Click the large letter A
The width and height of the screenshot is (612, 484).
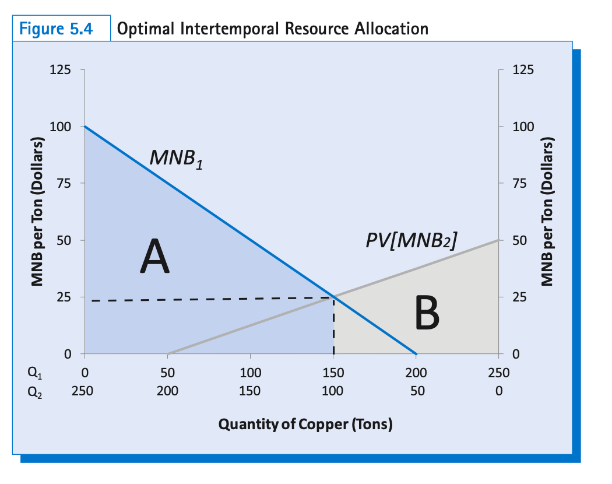(x=154, y=258)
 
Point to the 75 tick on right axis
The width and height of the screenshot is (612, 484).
(x=518, y=184)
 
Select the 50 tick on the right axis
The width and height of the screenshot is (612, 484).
(x=518, y=240)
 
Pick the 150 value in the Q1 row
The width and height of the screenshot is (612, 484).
(x=333, y=373)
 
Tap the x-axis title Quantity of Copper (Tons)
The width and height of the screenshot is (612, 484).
(x=305, y=424)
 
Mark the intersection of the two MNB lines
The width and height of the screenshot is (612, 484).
(x=333, y=297)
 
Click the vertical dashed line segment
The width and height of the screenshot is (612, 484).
(x=333, y=327)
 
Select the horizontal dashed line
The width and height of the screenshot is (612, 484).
(x=210, y=299)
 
